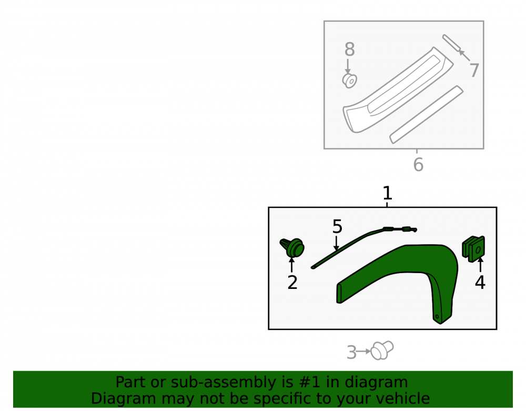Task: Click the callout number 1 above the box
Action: (387, 193)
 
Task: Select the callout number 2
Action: (292, 283)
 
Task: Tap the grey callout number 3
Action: (351, 353)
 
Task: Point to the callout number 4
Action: (480, 283)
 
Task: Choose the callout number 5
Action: (337, 226)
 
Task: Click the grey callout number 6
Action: (418, 165)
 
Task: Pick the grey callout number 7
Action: (474, 71)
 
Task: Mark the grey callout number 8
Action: (350, 49)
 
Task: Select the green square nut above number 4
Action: (473, 248)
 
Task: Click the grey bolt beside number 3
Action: (382, 350)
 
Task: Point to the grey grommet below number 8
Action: (350, 81)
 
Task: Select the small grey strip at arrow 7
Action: (451, 44)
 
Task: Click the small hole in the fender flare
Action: (437, 316)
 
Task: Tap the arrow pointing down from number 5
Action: (336, 243)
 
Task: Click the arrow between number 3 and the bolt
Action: (363, 352)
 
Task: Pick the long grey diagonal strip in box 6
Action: (427, 114)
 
